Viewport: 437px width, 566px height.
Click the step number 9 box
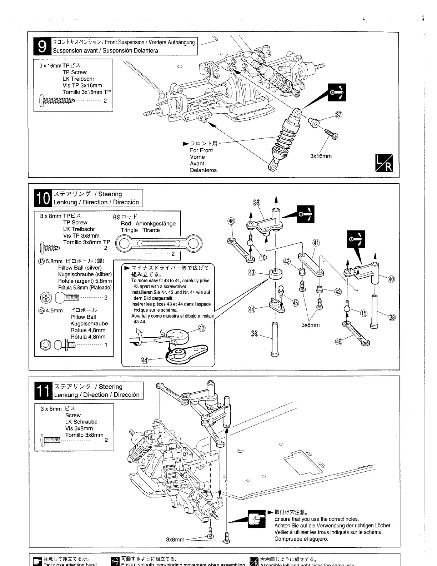click(42, 46)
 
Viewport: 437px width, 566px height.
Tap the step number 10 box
click(43, 198)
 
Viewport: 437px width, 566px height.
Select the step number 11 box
click(44, 391)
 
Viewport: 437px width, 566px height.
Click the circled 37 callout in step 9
click(338, 115)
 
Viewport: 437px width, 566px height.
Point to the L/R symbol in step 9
click(384, 163)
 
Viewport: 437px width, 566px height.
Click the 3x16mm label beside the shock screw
click(321, 156)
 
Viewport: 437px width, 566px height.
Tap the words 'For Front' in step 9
click(201, 150)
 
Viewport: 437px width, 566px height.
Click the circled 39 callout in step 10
click(256, 203)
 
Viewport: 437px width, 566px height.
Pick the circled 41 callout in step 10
click(316, 243)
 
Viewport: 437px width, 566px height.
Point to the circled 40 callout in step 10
click(391, 279)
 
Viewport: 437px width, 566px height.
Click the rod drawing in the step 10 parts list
click(157, 244)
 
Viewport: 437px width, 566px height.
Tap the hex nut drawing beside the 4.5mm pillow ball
click(46, 345)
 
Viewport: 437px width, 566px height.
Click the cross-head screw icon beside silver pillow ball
click(46, 297)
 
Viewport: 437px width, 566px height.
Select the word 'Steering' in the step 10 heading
click(110, 194)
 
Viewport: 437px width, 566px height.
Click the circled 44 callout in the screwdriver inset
click(145, 360)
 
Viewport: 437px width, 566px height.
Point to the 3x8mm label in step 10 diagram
click(311, 325)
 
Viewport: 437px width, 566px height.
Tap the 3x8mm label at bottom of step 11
click(175, 539)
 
